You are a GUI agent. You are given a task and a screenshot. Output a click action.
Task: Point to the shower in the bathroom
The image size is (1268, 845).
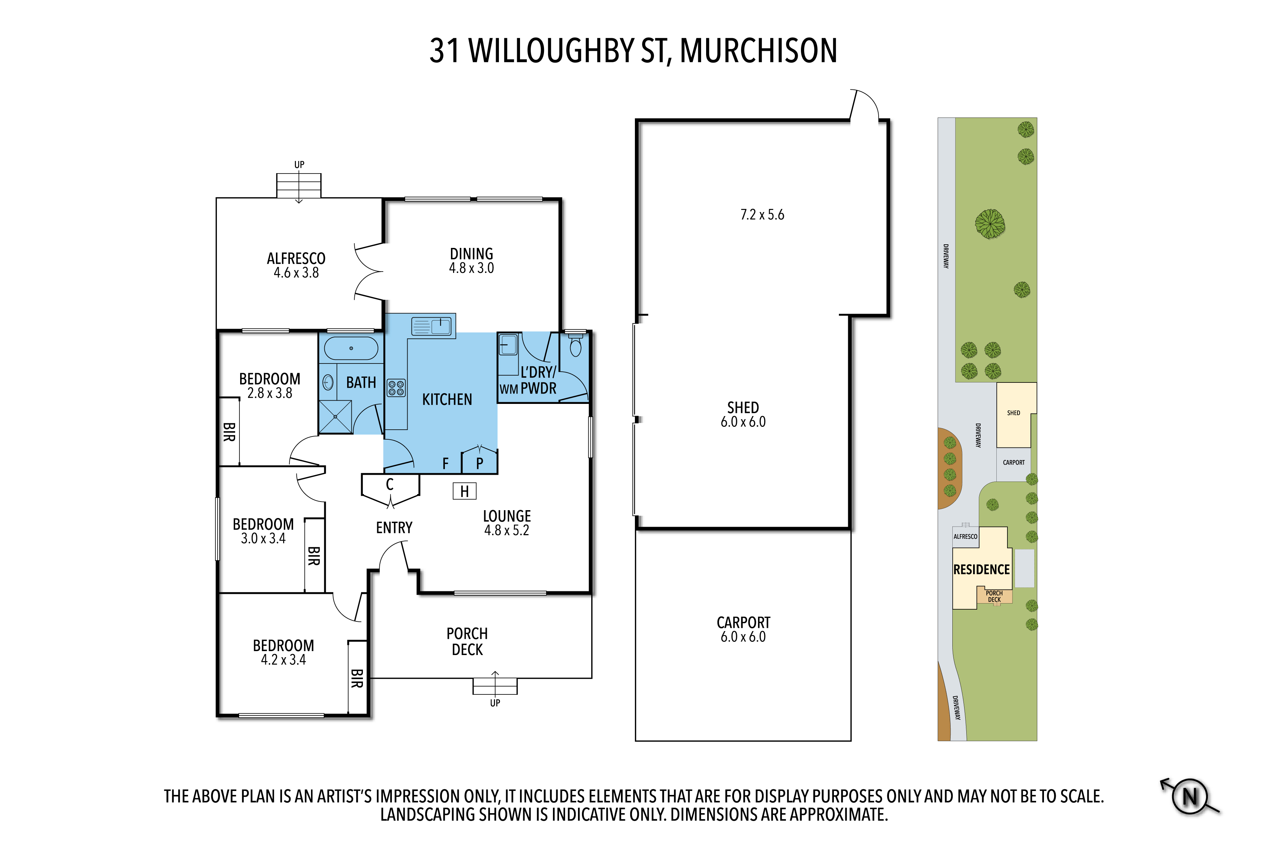335,416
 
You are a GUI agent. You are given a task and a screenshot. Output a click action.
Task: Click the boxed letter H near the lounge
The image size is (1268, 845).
465,491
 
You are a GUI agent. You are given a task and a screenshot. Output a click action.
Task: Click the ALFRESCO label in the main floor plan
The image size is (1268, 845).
296,259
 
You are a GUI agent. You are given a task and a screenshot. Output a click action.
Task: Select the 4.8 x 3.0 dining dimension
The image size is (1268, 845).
472,268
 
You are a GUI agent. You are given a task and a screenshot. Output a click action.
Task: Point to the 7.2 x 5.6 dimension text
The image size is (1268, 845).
762,215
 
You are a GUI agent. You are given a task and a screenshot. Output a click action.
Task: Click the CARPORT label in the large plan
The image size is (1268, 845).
743,623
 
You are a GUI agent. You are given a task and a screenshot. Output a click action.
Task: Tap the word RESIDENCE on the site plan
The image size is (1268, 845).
981,570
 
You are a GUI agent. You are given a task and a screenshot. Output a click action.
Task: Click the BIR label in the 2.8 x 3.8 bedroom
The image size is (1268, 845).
229,432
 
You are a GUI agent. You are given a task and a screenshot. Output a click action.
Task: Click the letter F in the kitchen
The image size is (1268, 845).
445,463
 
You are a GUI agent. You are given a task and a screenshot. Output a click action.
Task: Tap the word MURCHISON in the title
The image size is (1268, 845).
758,51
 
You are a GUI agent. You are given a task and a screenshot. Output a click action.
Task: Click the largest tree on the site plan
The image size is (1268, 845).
990,224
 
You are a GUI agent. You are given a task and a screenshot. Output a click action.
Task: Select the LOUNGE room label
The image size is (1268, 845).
507,516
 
